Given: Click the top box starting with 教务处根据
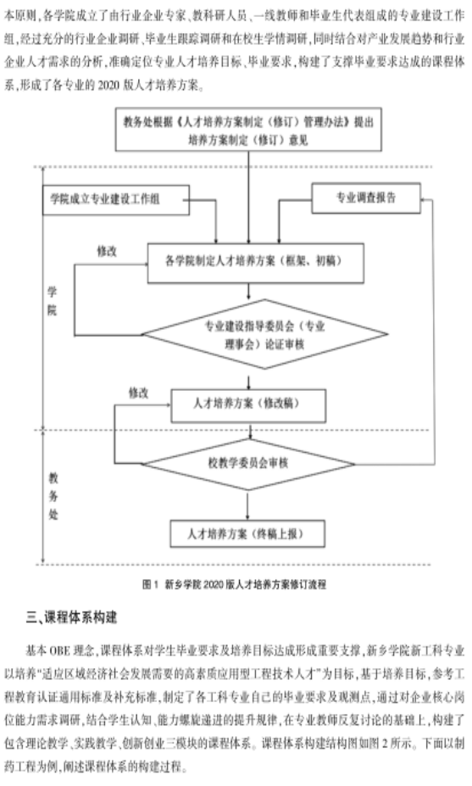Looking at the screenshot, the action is point(248,130).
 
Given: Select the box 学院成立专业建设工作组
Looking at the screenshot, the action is point(116,200).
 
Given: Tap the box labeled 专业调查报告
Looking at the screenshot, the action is point(366,198).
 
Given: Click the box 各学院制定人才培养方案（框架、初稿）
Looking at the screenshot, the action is point(256,263).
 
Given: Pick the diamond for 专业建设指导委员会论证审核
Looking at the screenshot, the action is point(265,334).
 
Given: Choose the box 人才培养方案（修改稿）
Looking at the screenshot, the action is point(248,405).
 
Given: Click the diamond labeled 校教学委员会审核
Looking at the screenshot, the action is point(248,464).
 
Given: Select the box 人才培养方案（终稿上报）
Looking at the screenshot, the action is point(247,534).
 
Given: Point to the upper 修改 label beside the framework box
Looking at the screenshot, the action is point(107,251).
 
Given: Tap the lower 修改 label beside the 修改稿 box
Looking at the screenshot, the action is point(139,393).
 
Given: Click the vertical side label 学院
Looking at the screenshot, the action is point(52,301).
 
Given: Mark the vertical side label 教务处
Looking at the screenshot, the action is point(53,495).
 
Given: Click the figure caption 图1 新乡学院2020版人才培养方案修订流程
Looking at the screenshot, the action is point(235,584).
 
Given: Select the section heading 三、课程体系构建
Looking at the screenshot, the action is point(71,617).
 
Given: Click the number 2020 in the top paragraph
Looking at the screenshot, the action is point(108,86).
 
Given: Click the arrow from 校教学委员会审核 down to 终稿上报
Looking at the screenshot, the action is point(247,505).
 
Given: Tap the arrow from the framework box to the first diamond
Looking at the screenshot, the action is point(249,291).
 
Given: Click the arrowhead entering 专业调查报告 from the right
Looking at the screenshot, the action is point(424,199).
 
